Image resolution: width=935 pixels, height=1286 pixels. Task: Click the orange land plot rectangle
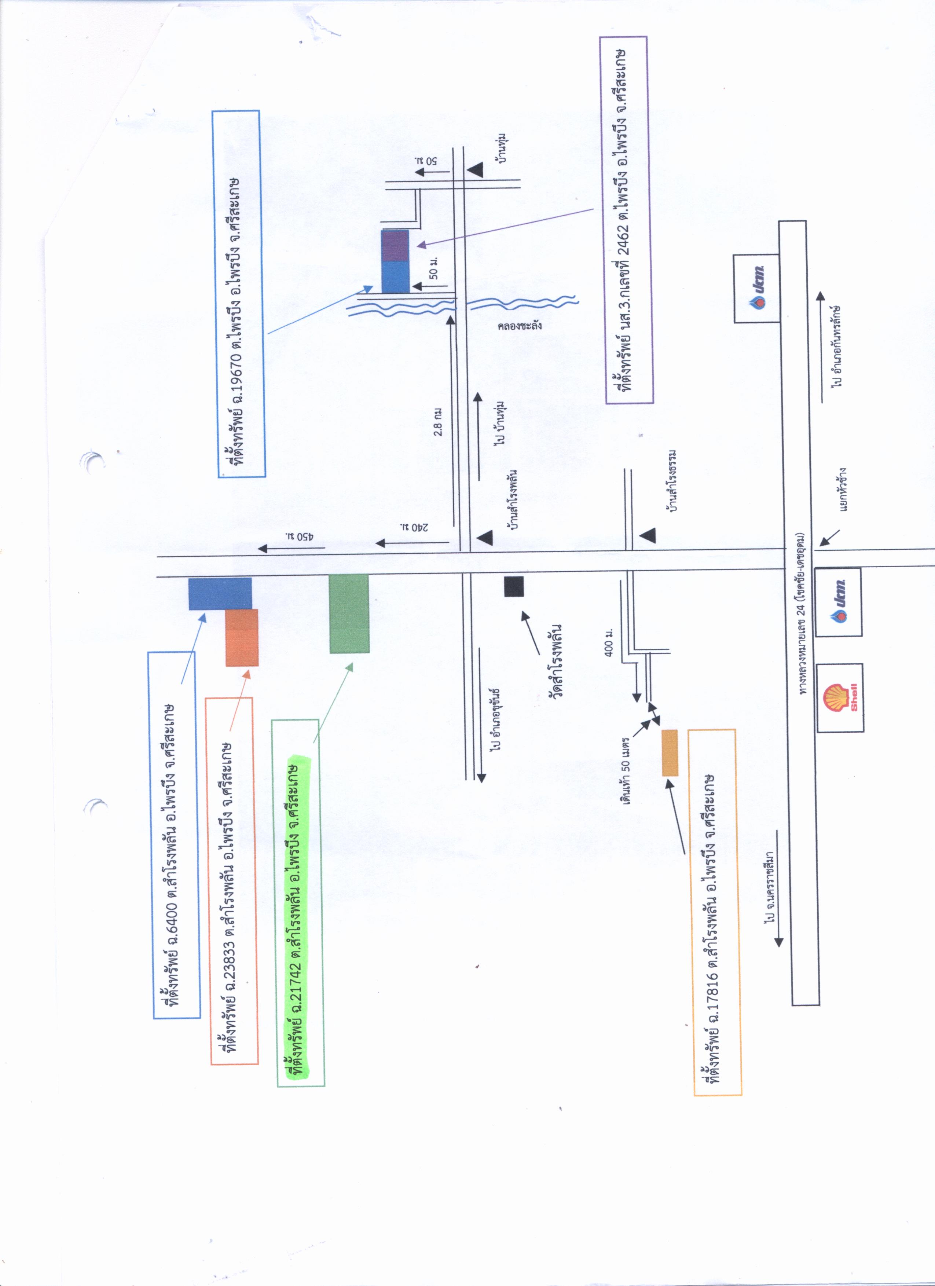[242, 637]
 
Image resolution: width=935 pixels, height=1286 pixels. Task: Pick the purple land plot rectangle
[395, 246]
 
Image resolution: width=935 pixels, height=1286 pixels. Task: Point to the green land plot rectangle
[349, 613]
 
